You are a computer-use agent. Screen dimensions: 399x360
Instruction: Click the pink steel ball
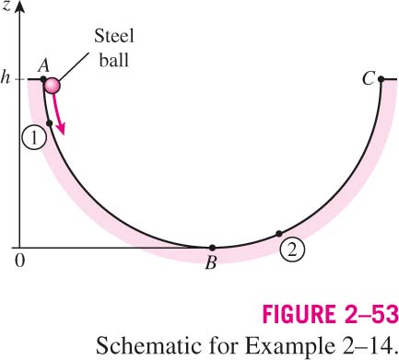(x=52, y=86)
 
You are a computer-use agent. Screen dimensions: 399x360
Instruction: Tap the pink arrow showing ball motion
(x=58, y=113)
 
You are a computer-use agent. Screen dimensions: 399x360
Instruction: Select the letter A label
(x=44, y=65)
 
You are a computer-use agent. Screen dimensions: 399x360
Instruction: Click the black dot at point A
(x=43, y=79)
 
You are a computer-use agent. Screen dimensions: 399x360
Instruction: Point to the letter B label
(x=211, y=262)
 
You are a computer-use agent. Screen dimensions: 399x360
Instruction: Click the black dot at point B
(x=212, y=248)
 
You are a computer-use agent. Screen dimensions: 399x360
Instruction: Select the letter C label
(x=369, y=78)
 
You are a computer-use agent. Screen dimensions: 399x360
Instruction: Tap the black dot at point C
(x=381, y=79)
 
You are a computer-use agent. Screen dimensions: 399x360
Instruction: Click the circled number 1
(x=34, y=138)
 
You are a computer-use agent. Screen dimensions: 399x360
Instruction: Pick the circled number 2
(x=292, y=250)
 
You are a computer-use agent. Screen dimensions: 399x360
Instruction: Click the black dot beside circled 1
(x=49, y=123)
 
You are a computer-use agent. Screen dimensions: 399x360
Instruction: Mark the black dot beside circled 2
(x=279, y=234)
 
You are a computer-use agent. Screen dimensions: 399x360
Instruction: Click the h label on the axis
(x=6, y=78)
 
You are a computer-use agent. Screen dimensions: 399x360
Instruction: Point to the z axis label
(x=6, y=6)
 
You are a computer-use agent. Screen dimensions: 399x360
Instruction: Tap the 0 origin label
(x=19, y=261)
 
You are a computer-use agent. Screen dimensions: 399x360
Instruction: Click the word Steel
(x=114, y=36)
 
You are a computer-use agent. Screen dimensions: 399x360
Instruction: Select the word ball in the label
(x=113, y=60)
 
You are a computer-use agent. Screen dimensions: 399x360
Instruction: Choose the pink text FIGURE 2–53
(x=331, y=314)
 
